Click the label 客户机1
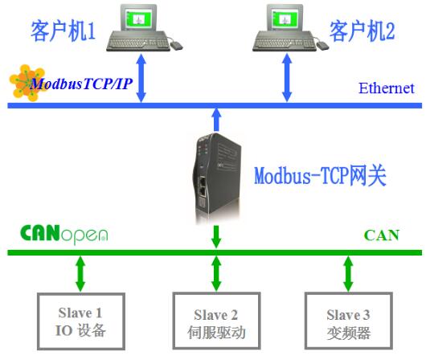point(63,31)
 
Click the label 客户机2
point(362,31)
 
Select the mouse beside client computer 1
point(176,45)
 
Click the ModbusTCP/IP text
point(81,84)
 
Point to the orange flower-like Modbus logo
point(27,82)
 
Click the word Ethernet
point(387,88)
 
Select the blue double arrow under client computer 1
point(141,78)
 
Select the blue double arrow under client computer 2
point(287,78)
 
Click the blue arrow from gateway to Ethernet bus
point(216,120)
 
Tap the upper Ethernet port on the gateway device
point(202,181)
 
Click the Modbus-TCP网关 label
point(320,176)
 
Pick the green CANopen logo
point(64,235)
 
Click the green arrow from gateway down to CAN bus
point(216,236)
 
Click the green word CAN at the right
point(382,235)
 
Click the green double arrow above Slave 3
point(349,274)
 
